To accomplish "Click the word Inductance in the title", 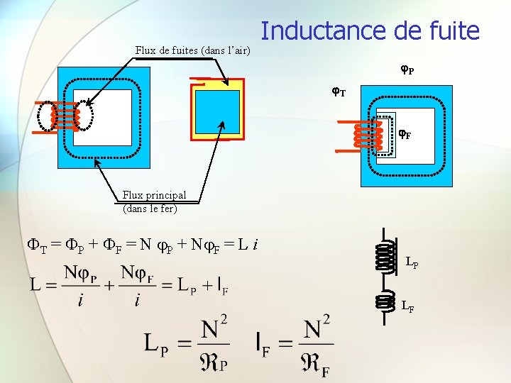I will tap(319, 31).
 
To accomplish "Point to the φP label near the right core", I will tap(407, 70).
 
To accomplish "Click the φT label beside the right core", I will tap(339, 91).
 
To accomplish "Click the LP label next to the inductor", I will tap(412, 263).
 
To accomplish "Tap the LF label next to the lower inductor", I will tap(407, 307).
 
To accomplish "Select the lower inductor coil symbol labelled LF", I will tap(385, 302).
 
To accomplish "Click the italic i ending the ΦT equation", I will tap(255, 246).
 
